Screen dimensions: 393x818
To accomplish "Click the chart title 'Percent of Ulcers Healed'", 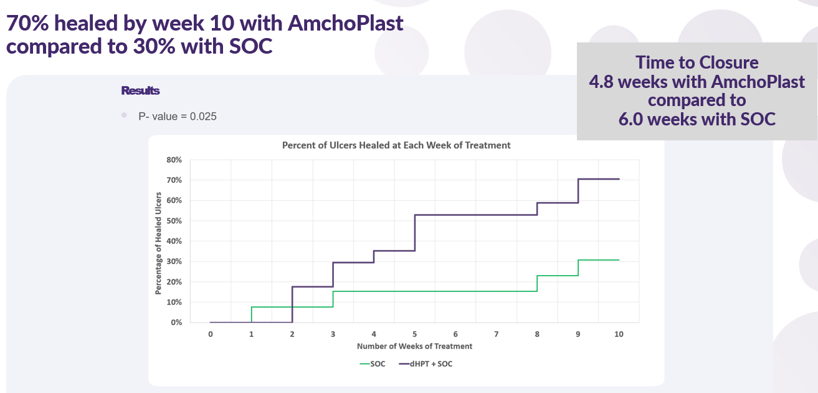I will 396,145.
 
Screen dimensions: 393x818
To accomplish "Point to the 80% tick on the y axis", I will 174,160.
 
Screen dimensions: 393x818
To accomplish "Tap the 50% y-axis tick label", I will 174,221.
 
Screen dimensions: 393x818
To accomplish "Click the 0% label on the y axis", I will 176,323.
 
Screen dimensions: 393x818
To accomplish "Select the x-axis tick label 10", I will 619,334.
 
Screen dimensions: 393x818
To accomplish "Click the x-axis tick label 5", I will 415,334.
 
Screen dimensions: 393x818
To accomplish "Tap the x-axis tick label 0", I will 211,334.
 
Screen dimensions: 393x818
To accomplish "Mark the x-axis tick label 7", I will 497,334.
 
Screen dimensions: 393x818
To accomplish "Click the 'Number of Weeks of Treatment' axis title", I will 414,346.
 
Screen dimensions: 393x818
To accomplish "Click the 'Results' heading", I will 140,91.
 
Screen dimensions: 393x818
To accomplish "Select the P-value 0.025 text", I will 178,116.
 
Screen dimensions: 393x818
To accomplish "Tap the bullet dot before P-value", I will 124,115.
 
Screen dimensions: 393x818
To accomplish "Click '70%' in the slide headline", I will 29,24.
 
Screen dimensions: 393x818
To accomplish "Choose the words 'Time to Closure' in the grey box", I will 697,62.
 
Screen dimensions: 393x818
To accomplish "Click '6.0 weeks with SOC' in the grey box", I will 697,119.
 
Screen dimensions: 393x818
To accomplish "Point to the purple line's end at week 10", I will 619,179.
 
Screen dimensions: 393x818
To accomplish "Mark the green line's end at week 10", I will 619,260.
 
